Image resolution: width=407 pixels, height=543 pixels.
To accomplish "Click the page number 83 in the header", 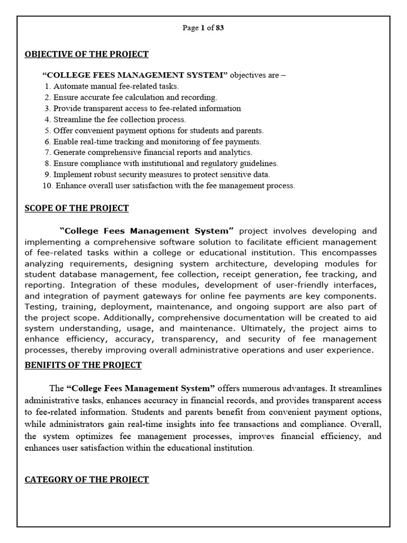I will pyautogui.click(x=219, y=29).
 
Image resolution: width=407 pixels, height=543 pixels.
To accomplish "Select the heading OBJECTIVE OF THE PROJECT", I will pyautogui.click(x=86, y=54).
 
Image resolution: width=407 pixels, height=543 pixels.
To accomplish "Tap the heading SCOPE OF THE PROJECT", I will pyautogui.click(x=77, y=208).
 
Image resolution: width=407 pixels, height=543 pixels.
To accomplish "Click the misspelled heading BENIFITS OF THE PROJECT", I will pyautogui.click(x=83, y=365).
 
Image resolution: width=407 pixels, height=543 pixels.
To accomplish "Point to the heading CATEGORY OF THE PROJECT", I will pyautogui.click(x=87, y=479).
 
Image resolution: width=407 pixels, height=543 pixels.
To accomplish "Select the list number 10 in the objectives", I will pyautogui.click(x=46, y=186).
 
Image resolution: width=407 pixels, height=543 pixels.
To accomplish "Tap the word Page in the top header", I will pyautogui.click(x=190, y=29).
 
